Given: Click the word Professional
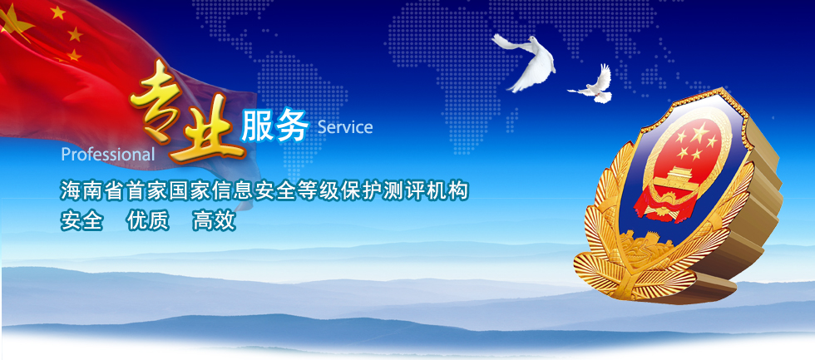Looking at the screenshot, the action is (108, 155).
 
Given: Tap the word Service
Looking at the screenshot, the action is (344, 126).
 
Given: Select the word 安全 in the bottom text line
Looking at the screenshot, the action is (81, 221).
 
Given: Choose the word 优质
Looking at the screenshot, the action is (148, 221).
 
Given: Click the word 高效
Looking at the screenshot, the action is (215, 221).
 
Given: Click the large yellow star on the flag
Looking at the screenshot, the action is (16, 22).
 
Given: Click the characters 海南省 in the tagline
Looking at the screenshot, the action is (92, 190).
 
